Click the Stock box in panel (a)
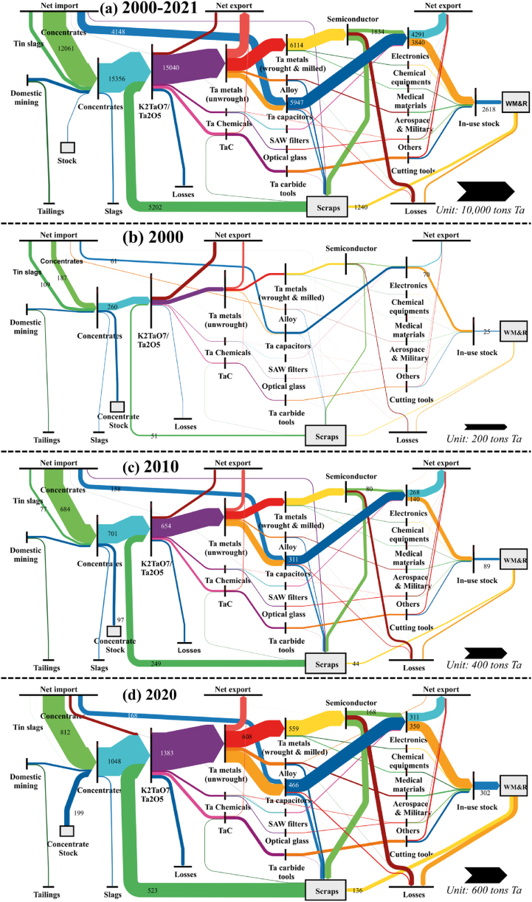coord(68,148)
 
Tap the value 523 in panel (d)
coord(157,886)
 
